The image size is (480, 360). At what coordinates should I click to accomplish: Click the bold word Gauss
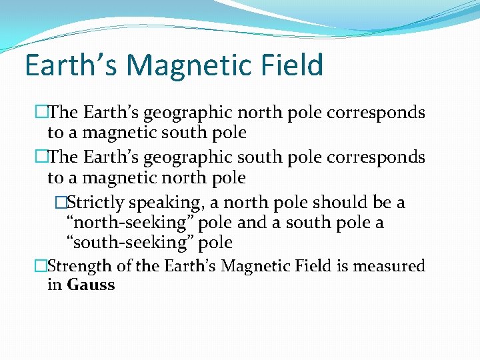[91, 285]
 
